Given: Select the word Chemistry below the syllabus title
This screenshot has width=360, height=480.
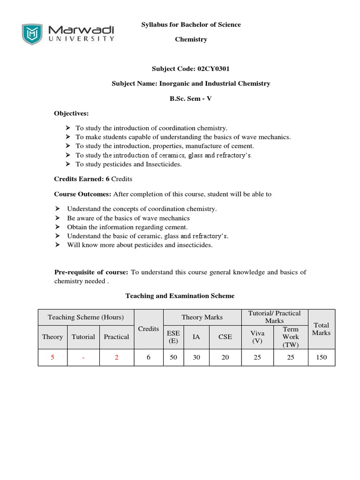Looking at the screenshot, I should pos(191,39).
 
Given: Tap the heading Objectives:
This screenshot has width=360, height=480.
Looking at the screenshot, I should pos(71,113).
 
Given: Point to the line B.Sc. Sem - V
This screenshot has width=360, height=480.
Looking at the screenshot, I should pos(191,98).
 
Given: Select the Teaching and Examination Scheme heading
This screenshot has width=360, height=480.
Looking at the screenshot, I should pos(180,296).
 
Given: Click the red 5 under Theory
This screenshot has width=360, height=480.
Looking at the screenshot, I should pos(52,357).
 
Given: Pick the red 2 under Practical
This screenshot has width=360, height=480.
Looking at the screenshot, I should pos(116,357).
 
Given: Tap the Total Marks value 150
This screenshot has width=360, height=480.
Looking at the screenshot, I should pos(321,357).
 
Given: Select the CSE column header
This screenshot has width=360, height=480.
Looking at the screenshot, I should pos(225,337).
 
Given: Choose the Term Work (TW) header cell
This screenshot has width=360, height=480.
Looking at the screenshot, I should pos(291,337).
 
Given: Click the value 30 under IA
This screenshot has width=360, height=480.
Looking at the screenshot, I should pos(196,357).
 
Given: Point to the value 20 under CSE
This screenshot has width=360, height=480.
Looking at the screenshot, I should pos(225,357).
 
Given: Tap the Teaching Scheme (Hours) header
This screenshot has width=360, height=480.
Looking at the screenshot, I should pos(86,317).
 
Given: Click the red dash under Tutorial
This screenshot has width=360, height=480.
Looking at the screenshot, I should pos(83,357).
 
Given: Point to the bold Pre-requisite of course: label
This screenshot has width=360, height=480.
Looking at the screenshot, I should pos(91,272).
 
